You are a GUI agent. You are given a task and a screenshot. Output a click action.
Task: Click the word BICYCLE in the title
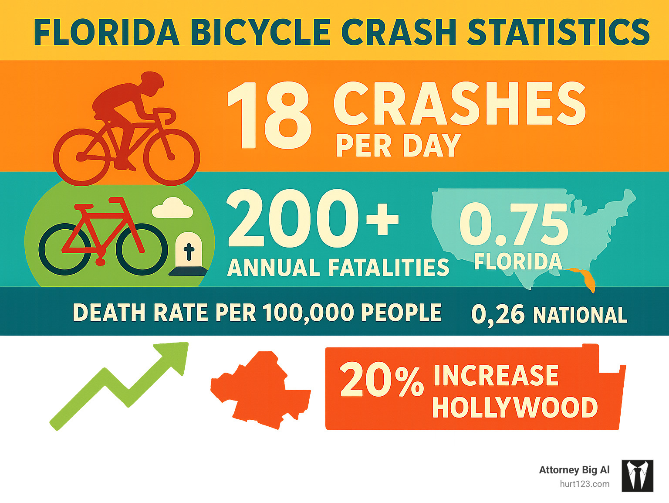[x=260, y=32]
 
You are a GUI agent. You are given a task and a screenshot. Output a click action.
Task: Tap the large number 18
[x=269, y=115]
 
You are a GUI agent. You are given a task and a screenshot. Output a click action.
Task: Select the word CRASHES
[x=460, y=104]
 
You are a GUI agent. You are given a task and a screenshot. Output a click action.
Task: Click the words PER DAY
[x=398, y=146]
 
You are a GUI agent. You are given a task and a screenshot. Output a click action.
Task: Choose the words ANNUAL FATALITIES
[x=338, y=268]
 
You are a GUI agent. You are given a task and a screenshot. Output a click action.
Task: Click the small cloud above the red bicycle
[x=172, y=208]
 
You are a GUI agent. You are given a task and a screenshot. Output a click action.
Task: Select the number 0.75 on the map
[x=514, y=224]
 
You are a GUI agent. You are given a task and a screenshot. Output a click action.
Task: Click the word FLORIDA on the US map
[x=518, y=262]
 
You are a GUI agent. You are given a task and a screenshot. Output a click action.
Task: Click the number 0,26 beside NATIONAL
[x=498, y=314]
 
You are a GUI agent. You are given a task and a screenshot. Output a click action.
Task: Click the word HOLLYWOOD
[x=515, y=408]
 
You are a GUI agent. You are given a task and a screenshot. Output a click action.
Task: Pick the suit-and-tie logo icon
[x=637, y=476]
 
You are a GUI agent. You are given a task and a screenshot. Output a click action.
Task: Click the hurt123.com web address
[x=585, y=484]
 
